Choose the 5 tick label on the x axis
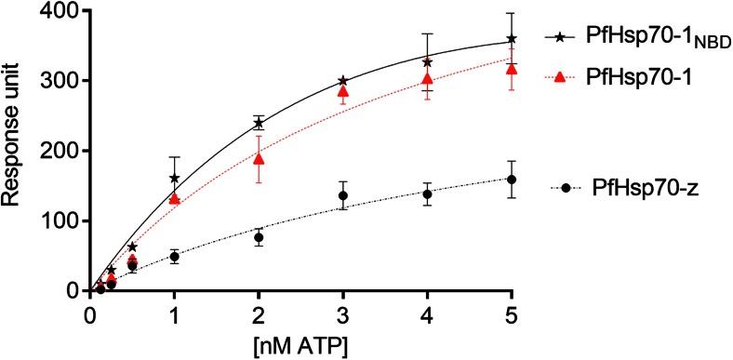(x=512, y=313)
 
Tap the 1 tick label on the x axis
(x=173, y=313)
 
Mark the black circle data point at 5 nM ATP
(x=512, y=180)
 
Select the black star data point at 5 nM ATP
(x=512, y=40)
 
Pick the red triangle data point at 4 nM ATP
(x=427, y=79)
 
